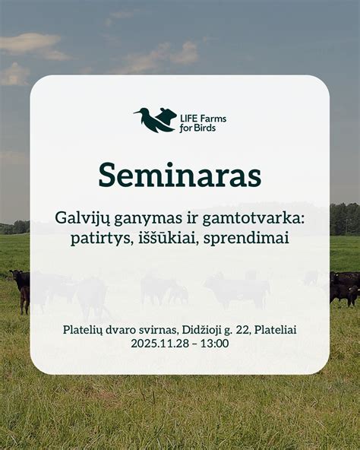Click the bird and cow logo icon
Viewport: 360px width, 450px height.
coord(155,119)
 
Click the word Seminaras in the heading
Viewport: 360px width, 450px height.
coord(179,176)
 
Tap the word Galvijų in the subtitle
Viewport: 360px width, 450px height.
coord(80,217)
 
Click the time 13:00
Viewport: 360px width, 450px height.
coord(215,344)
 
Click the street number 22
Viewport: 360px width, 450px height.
coord(248,330)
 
